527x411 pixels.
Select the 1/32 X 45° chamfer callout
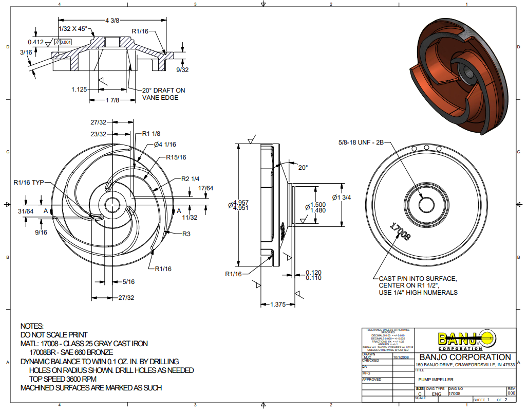73,29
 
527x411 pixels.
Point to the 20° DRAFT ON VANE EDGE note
163,94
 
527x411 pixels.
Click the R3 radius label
187,234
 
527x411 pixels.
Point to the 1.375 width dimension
277,305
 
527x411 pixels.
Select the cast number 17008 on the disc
401,232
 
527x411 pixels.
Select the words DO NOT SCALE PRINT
54,334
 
